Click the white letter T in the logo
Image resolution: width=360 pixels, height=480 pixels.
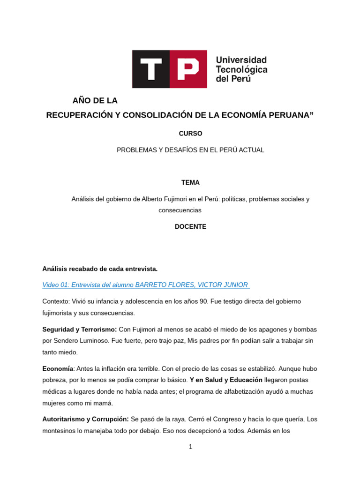[x=150, y=69]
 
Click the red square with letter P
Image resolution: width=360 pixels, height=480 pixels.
[x=188, y=69]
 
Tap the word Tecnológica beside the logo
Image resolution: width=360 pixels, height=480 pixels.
[x=241, y=69]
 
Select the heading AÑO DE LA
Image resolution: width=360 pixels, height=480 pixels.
[x=95, y=101]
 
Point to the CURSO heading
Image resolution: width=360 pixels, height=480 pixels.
[x=190, y=134]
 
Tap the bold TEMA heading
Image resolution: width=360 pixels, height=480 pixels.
[x=190, y=183]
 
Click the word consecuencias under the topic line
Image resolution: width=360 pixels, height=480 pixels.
[x=180, y=210]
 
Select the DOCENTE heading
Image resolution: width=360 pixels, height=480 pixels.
[x=190, y=227]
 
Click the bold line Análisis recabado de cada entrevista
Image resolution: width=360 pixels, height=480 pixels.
[x=100, y=269]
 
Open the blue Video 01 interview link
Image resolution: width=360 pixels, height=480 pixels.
[x=146, y=285]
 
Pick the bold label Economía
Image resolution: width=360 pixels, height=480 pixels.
[x=58, y=369]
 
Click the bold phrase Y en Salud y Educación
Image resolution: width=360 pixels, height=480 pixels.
[x=226, y=380]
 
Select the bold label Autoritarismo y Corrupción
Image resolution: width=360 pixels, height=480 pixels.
[x=85, y=419]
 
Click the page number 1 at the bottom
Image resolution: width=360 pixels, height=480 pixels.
[x=190, y=447]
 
